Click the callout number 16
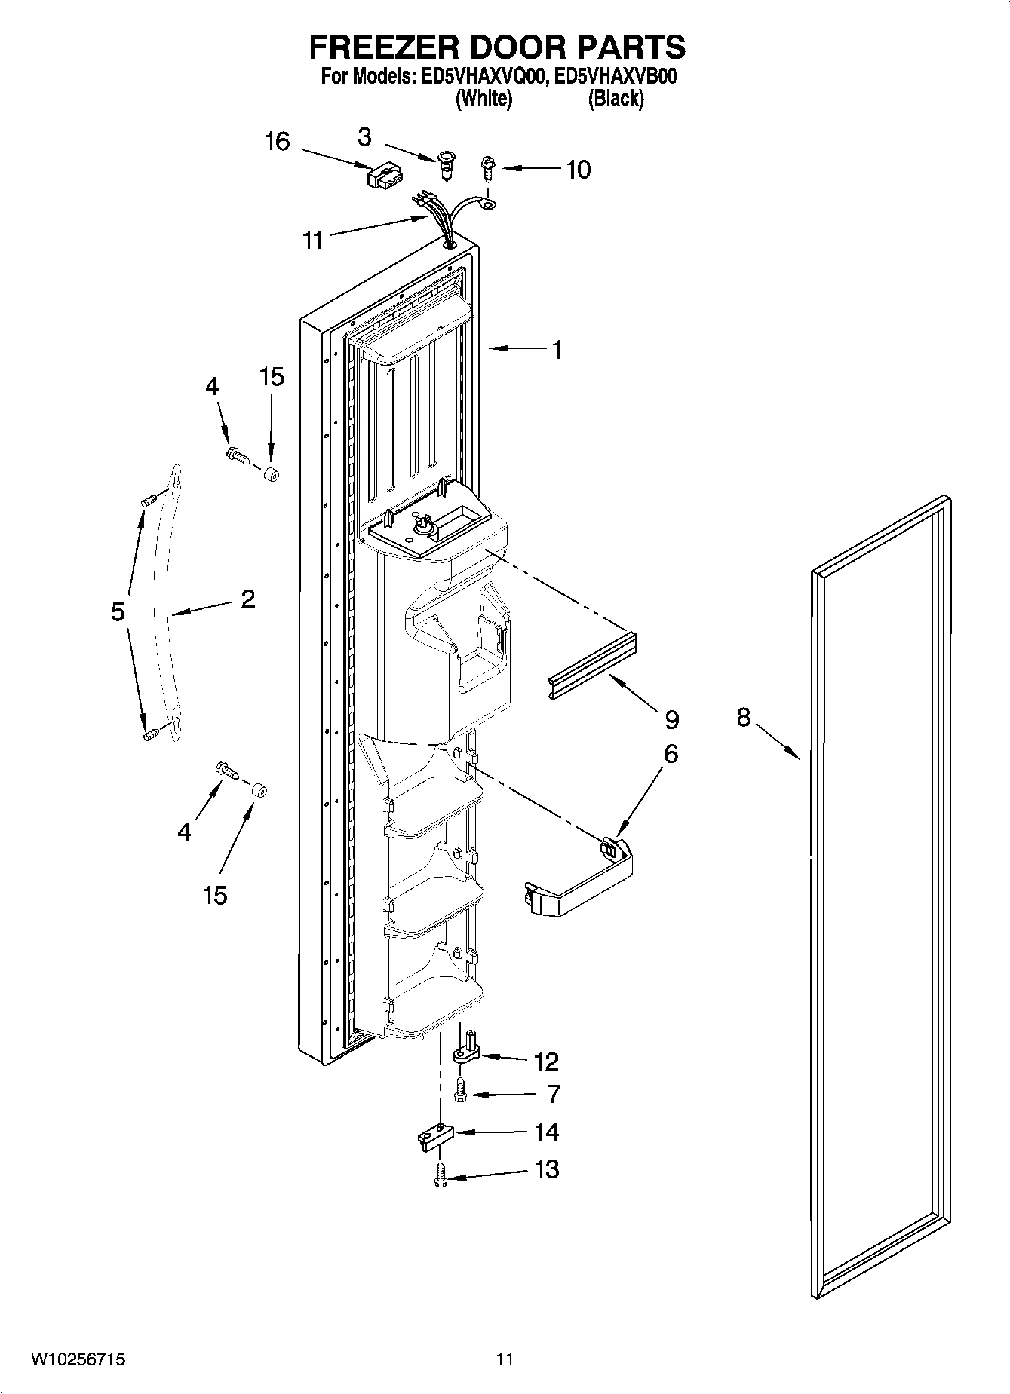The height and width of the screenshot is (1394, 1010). pos(278,141)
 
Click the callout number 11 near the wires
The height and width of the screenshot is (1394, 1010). pos(312,240)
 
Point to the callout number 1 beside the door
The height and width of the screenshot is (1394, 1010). pos(557,350)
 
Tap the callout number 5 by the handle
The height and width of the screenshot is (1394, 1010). pos(118,611)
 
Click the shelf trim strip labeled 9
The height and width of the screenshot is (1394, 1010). pos(592,668)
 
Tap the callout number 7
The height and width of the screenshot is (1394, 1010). pos(554,1093)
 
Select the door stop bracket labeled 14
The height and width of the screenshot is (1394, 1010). pos(433,1137)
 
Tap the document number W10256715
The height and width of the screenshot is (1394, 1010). pos(78,1359)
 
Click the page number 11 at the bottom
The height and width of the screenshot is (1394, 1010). pos(505,1359)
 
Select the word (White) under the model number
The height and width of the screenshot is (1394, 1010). pos(484,99)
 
